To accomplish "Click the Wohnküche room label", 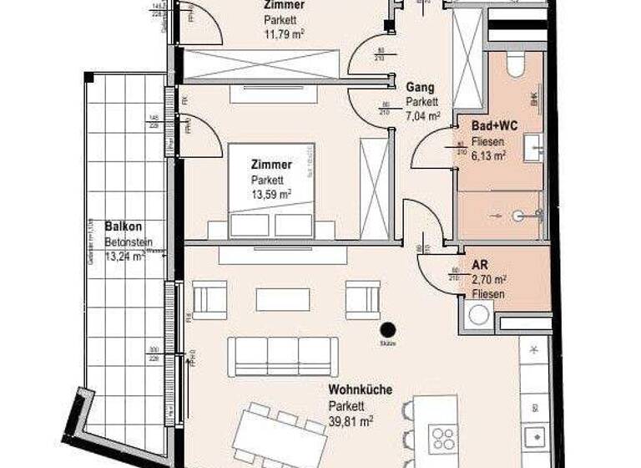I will click(360, 389).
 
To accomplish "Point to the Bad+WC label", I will click(495, 125).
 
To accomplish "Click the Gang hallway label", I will click(419, 86).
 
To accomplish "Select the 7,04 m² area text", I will click(422, 117).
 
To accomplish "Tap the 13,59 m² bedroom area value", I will click(271, 195).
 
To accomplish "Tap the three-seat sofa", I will click(283, 356).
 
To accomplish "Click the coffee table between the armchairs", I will click(282, 299).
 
